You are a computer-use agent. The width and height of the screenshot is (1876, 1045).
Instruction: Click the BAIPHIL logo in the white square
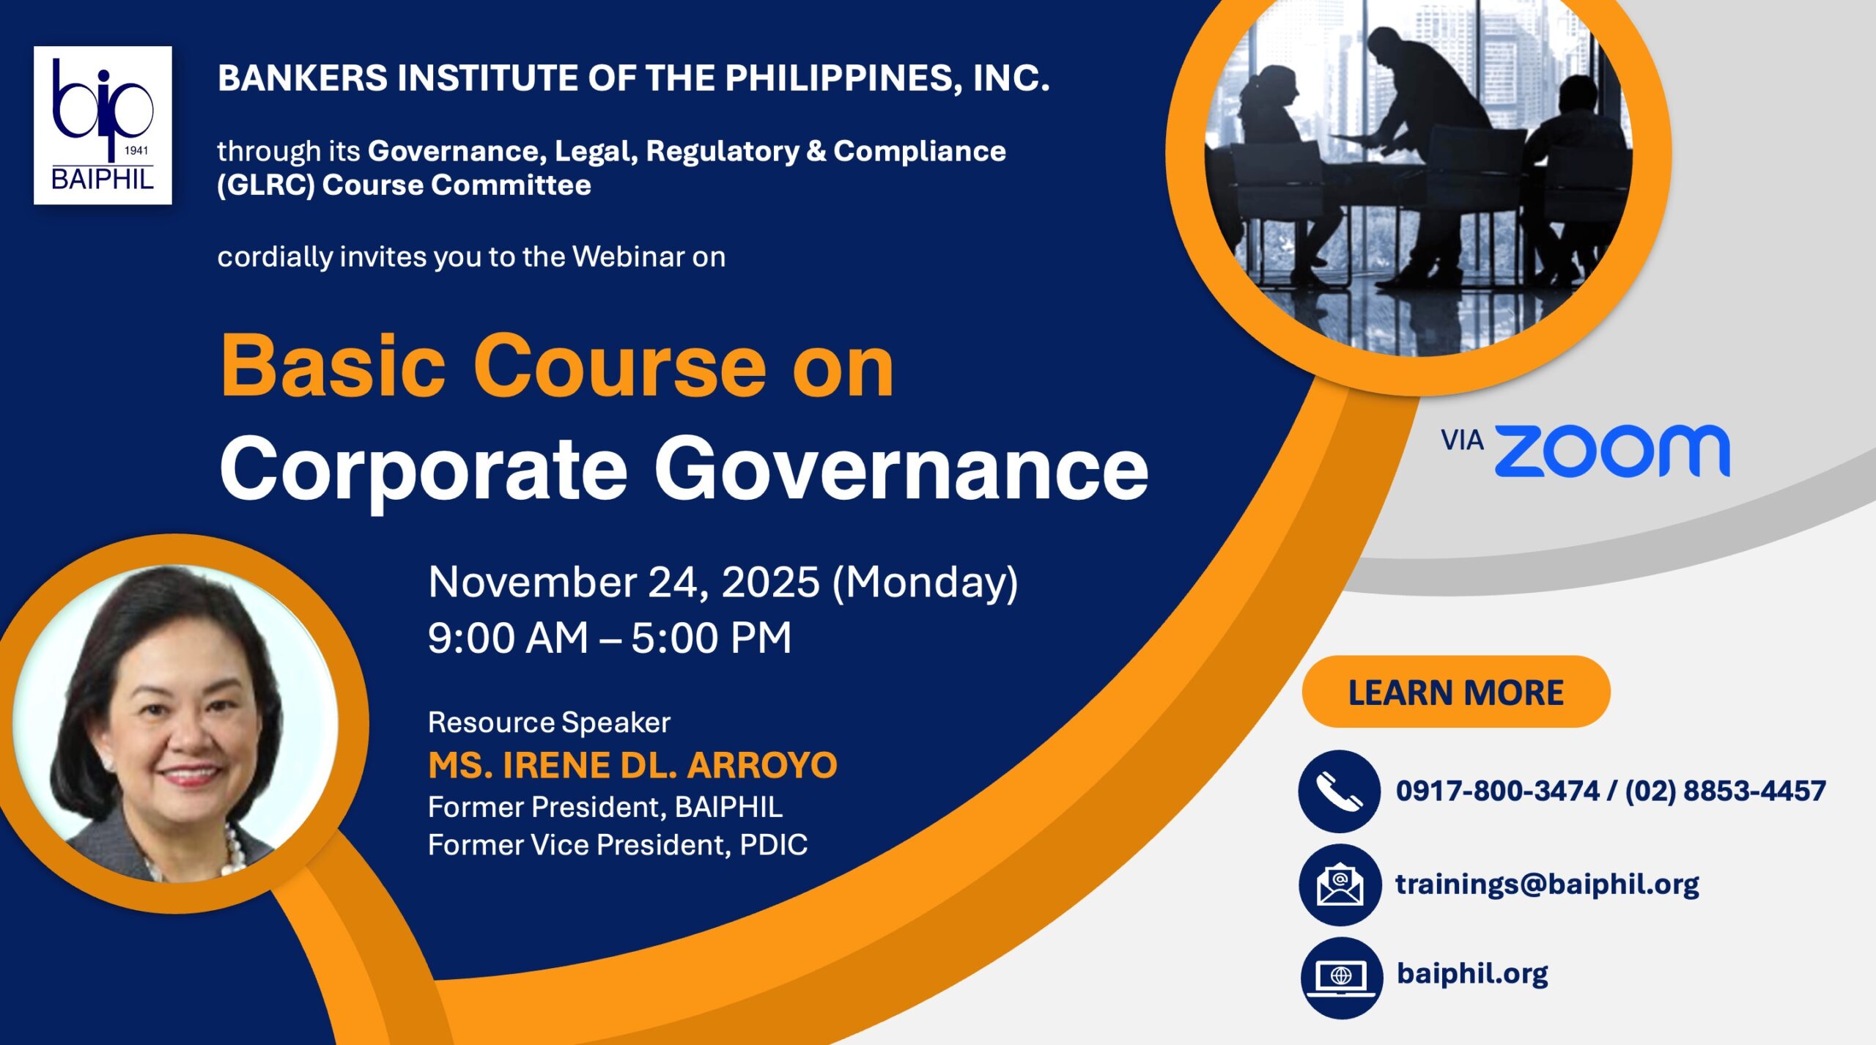coord(103,125)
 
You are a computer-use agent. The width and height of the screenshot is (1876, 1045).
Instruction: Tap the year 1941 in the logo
coord(136,151)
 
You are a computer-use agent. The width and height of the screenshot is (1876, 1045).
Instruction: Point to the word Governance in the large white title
coord(901,468)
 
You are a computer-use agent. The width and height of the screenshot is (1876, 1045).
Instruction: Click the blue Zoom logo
coord(1612,451)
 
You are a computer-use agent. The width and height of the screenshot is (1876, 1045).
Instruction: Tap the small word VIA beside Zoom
coord(1462,440)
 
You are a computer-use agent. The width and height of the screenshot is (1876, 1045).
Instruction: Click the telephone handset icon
coord(1340,791)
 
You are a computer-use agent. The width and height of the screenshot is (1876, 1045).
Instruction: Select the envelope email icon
coord(1340,885)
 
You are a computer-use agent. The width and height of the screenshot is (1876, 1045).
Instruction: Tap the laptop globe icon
coord(1341,978)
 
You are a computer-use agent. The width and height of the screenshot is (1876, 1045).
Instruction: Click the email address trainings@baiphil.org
coord(1547,885)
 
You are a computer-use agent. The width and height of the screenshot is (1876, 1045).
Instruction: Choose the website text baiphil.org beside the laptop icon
coord(1472,974)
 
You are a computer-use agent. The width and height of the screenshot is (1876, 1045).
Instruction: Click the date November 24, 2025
coord(624,583)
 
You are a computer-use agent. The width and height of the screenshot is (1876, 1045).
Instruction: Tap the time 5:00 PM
coord(712,638)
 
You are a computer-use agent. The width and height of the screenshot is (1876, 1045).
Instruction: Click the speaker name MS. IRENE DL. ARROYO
coord(632,765)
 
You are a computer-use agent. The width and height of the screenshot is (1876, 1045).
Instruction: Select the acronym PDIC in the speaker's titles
coord(773,845)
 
